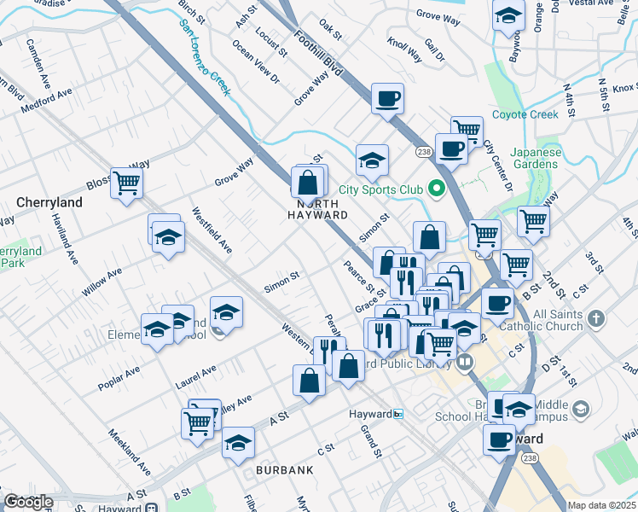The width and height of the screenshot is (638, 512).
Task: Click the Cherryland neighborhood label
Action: click(49, 202)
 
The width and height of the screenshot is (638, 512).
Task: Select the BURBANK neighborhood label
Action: click(284, 469)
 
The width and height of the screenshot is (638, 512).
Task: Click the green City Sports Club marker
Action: click(438, 189)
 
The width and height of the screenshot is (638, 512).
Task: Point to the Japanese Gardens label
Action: click(536, 159)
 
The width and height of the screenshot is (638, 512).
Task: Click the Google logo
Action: click(28, 502)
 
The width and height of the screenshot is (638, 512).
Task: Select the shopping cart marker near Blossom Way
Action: click(127, 182)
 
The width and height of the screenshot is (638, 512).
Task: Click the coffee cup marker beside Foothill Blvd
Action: click(387, 98)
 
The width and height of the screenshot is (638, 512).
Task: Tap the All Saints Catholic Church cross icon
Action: click(595, 319)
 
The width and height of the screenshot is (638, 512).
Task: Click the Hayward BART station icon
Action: click(398, 414)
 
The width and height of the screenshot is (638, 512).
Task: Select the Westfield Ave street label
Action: click(212, 230)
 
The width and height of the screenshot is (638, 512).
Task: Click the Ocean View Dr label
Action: click(256, 63)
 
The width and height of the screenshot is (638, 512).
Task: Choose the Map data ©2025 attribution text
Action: click(602, 505)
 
